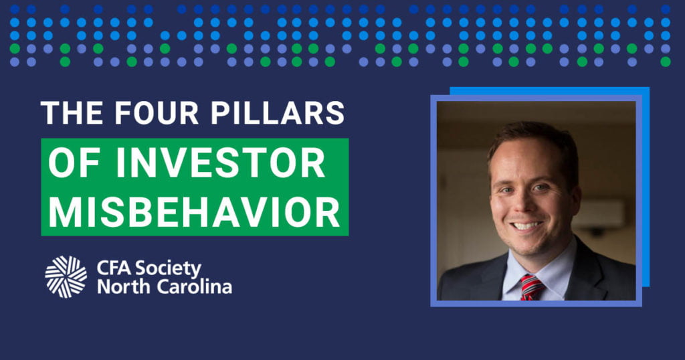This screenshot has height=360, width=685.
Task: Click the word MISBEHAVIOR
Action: point(194,211)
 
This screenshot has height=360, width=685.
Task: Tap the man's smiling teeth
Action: point(527,226)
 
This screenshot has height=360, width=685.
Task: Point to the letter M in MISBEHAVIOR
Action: point(65,211)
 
